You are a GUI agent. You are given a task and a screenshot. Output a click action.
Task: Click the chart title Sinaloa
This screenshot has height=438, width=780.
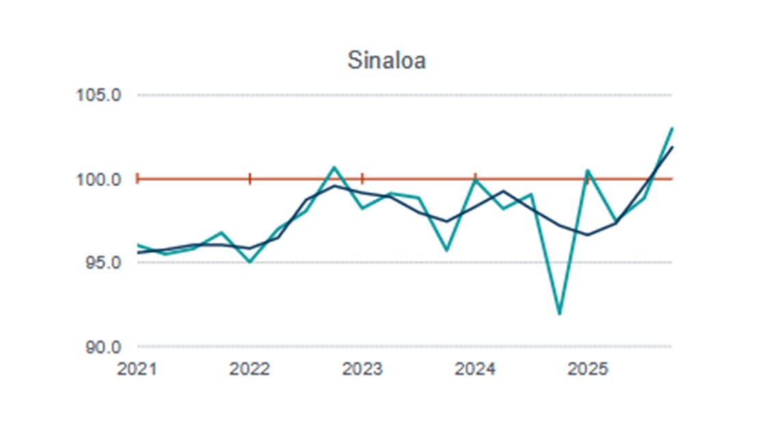387,60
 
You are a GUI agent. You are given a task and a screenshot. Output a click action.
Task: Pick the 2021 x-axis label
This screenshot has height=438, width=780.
137,370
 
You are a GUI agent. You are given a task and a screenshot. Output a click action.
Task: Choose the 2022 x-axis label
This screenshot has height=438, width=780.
250,370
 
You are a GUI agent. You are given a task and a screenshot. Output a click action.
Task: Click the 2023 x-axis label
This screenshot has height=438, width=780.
362,370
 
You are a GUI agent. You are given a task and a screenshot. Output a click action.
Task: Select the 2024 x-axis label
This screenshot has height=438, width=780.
475,370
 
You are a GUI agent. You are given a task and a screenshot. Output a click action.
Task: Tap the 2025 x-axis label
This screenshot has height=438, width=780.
588,370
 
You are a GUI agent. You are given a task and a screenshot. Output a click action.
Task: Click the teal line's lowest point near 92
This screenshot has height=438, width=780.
560,313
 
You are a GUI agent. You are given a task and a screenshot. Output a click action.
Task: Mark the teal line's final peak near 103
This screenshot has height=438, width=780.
672,129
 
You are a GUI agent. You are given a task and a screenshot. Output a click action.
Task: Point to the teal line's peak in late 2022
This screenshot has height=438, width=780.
334,167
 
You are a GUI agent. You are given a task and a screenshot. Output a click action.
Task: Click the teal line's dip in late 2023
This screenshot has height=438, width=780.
447,250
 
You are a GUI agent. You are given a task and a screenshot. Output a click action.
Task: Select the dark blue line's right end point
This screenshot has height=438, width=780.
672,147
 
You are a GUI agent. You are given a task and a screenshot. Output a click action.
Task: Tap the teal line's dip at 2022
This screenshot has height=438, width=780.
250,261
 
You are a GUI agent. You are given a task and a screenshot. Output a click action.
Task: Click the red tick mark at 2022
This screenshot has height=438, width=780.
250,179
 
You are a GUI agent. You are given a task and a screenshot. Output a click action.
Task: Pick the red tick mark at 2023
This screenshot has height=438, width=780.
363,179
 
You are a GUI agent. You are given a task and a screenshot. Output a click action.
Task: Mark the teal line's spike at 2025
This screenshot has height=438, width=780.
587,170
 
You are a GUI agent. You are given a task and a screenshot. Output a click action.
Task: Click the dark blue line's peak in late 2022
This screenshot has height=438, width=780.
334,186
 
